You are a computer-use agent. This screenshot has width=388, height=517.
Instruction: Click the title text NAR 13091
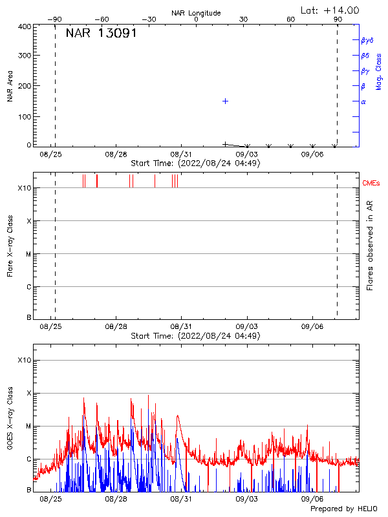(x=101, y=34)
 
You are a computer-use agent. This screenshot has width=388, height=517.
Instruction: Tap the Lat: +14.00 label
(x=330, y=10)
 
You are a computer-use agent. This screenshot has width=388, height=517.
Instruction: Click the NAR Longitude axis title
(x=196, y=13)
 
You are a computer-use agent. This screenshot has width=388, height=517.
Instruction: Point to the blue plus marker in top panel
(x=225, y=101)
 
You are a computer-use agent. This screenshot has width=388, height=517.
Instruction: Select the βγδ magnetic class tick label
(x=367, y=40)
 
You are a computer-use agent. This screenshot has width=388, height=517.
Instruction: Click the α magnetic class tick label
(x=363, y=101)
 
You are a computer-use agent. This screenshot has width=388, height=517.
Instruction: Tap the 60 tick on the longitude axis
(x=291, y=20)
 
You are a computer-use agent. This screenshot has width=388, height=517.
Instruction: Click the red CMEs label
(x=371, y=184)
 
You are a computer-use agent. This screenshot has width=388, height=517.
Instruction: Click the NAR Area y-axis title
(x=10, y=86)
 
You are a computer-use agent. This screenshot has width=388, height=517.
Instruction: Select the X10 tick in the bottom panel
(x=24, y=360)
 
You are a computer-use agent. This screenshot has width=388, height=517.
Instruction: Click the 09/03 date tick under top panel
(x=246, y=154)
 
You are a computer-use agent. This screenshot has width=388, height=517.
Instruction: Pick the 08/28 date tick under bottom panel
(x=116, y=500)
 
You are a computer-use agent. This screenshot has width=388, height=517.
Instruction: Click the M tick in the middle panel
(x=28, y=254)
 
